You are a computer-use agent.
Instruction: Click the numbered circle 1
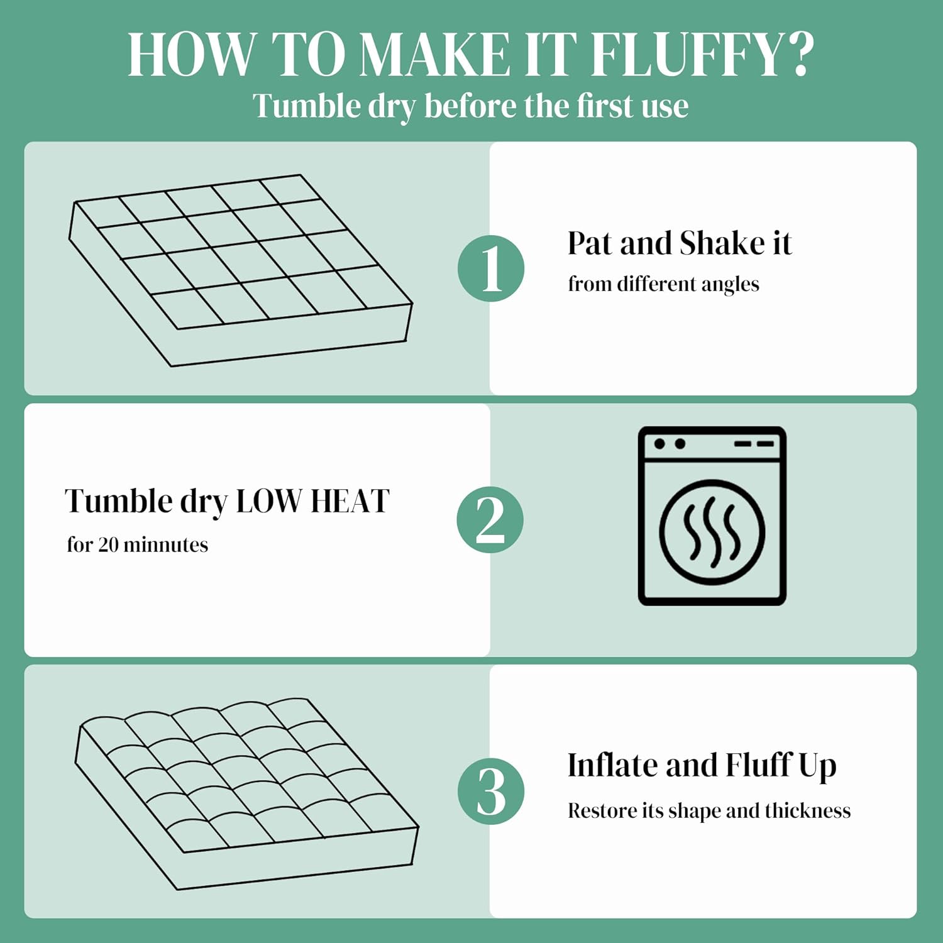[491, 268]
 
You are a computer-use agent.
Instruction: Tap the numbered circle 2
[490, 520]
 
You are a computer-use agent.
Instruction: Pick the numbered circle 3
[491, 791]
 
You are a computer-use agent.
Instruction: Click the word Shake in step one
[722, 243]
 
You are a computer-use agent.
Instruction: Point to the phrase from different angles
[663, 284]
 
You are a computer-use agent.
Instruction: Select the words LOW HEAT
[312, 502]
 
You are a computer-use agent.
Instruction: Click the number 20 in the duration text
[108, 544]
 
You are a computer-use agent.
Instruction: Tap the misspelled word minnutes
[166, 544]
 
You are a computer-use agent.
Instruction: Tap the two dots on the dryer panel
[670, 444]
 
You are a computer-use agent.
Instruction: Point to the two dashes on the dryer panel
[754, 444]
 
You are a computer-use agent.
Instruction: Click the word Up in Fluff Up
[817, 766]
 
